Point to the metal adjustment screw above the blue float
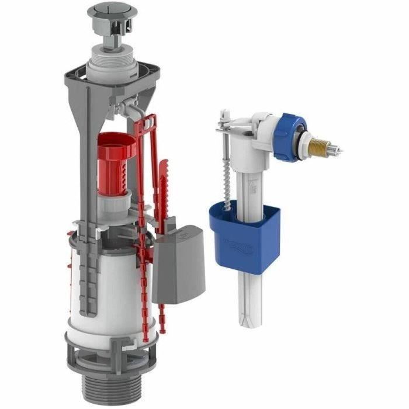[225, 164]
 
